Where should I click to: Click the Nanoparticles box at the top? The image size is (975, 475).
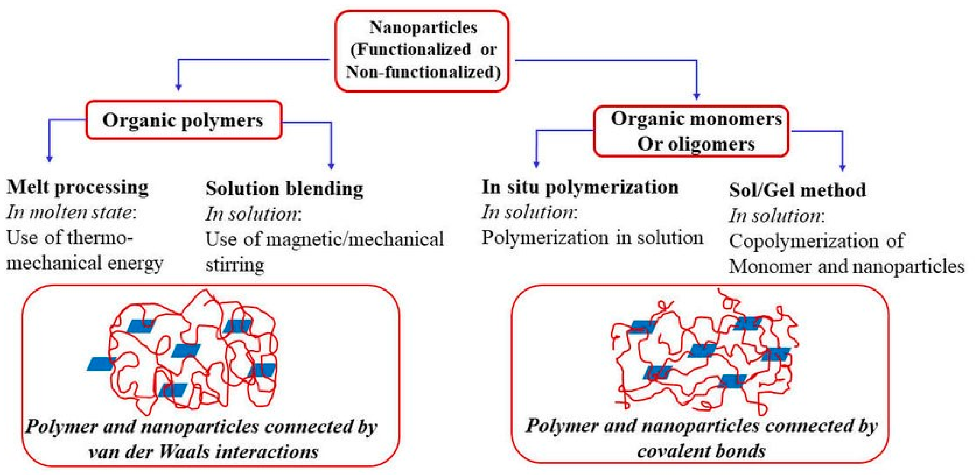point(422,51)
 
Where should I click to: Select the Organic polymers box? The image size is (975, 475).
point(184,120)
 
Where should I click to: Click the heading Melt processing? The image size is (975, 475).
point(78,188)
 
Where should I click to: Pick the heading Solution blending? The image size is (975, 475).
point(284,189)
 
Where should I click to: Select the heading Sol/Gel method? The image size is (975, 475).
point(797,190)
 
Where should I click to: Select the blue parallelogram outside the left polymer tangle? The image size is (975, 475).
point(100,364)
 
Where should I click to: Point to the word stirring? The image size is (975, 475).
point(235,265)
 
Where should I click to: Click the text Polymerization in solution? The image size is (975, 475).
point(592,238)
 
